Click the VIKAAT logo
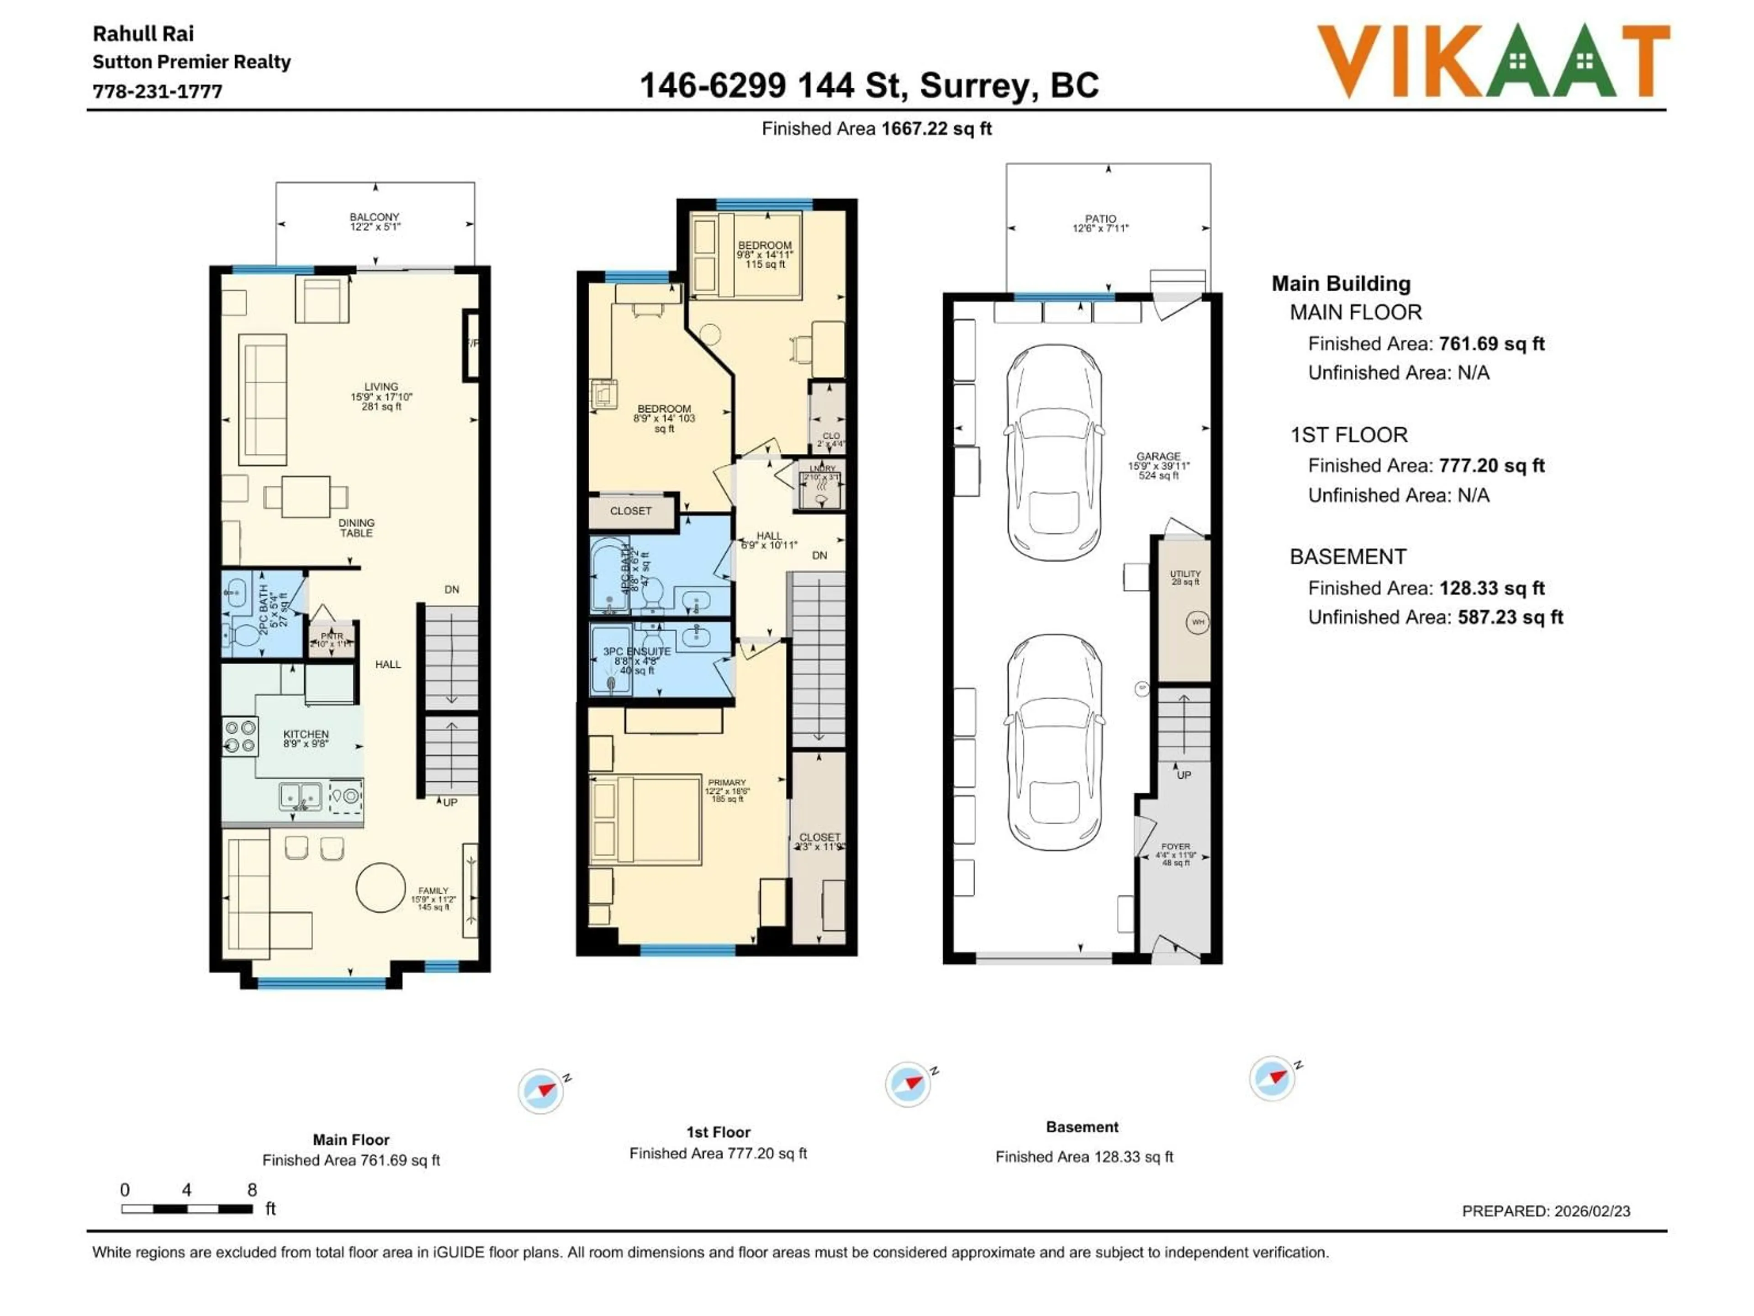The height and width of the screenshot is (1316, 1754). (1493, 61)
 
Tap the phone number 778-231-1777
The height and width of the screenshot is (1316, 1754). (157, 91)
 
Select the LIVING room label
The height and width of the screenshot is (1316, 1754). (381, 387)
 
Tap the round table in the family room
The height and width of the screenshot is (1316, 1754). (380, 887)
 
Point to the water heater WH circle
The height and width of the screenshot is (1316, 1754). (1197, 622)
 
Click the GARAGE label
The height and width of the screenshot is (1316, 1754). (1158, 457)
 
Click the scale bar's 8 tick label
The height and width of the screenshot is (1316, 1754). (252, 1190)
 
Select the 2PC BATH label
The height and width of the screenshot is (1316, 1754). (264, 609)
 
